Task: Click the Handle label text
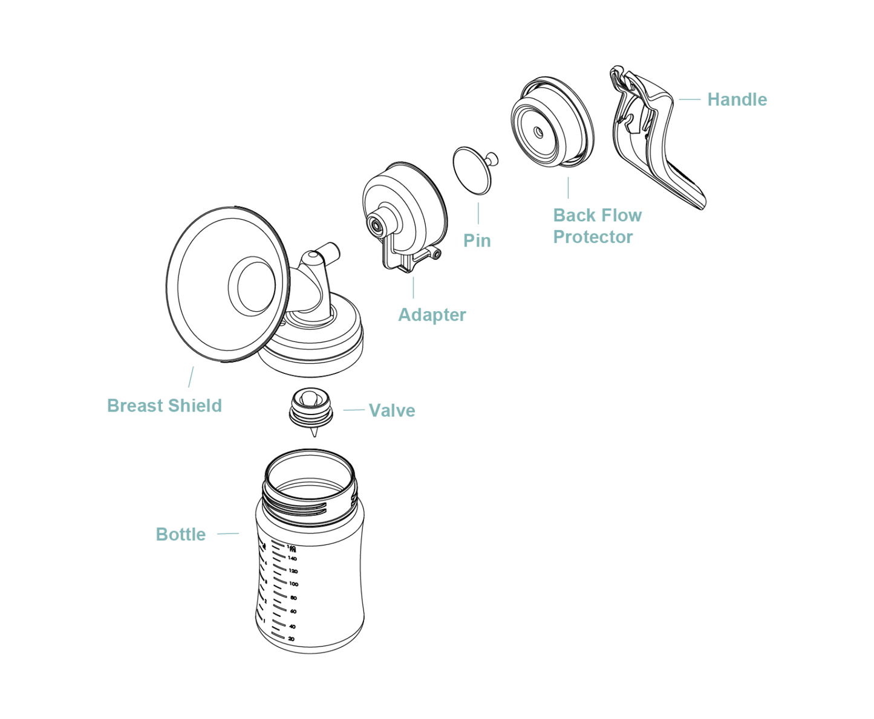(x=737, y=100)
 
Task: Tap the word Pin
(x=477, y=240)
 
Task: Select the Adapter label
(x=432, y=315)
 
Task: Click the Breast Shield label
(x=165, y=405)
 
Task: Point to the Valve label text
(x=392, y=410)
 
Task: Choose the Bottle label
(x=180, y=534)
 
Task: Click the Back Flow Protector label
(x=597, y=226)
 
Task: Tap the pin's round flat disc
(x=472, y=170)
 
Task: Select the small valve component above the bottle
(x=311, y=408)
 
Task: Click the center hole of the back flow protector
(x=538, y=132)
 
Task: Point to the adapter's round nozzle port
(x=377, y=224)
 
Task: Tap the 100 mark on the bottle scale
(x=293, y=584)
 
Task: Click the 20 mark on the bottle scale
(x=291, y=639)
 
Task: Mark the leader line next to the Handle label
(x=689, y=99)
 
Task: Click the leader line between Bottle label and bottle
(x=228, y=534)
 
